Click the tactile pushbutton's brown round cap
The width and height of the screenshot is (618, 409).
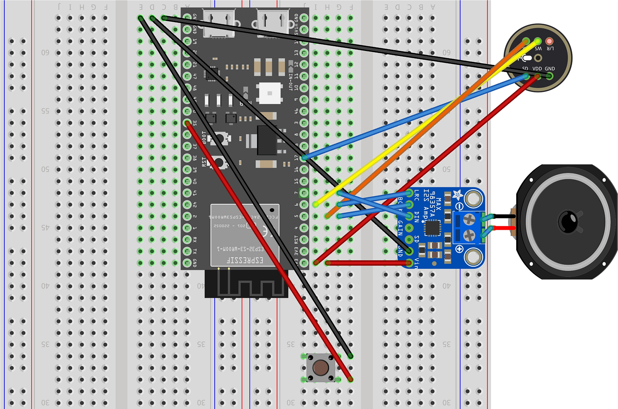[320, 367]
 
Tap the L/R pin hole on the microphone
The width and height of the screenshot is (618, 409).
[549, 42]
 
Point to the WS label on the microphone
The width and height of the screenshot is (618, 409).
[538, 49]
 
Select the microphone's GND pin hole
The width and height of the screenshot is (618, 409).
[550, 76]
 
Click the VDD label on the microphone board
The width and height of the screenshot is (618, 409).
[537, 69]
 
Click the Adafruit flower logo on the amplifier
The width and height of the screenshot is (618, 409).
[458, 195]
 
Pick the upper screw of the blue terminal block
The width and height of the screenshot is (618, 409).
[469, 220]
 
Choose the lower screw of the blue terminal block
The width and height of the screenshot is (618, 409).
[469, 235]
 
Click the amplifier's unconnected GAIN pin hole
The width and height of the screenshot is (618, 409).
[409, 228]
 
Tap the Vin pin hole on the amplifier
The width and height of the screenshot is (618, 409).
[409, 263]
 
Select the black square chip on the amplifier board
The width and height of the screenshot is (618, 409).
[433, 228]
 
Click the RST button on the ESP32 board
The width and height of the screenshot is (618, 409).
[218, 162]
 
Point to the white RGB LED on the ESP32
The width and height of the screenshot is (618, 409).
[269, 93]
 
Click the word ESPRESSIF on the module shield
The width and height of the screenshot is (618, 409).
[245, 259]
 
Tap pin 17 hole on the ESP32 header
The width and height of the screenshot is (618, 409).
[304, 158]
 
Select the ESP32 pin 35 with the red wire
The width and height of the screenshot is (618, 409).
[187, 123]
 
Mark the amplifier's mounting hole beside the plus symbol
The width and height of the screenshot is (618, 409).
[473, 257]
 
